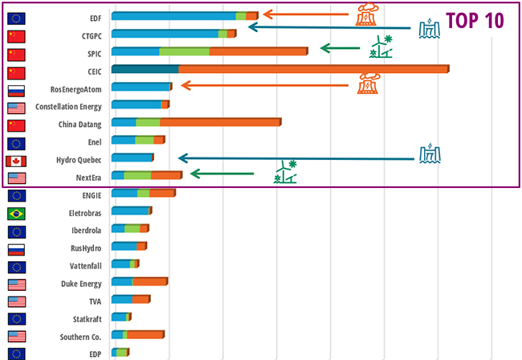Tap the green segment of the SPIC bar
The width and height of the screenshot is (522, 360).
(x=184, y=51)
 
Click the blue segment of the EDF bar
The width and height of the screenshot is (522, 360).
(x=173, y=15)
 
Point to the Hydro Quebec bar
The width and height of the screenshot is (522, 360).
(x=132, y=158)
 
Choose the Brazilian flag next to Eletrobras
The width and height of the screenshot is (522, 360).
(x=16, y=213)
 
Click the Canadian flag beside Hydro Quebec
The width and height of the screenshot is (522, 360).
(x=16, y=160)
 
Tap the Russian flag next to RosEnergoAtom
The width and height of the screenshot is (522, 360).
(x=16, y=89)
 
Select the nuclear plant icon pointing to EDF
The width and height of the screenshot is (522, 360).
(x=366, y=14)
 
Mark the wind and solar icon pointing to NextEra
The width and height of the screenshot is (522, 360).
(x=286, y=172)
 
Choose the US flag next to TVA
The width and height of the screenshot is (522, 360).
(x=16, y=301)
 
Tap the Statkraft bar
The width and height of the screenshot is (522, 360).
(x=118, y=317)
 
